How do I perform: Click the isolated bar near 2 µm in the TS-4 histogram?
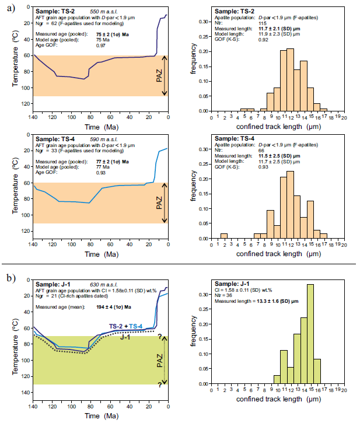(x=224, y=236)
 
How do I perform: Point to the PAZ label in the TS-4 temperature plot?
(x=158, y=202)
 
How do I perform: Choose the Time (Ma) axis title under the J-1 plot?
(x=100, y=416)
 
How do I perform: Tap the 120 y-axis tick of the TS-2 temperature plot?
(x=26, y=104)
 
